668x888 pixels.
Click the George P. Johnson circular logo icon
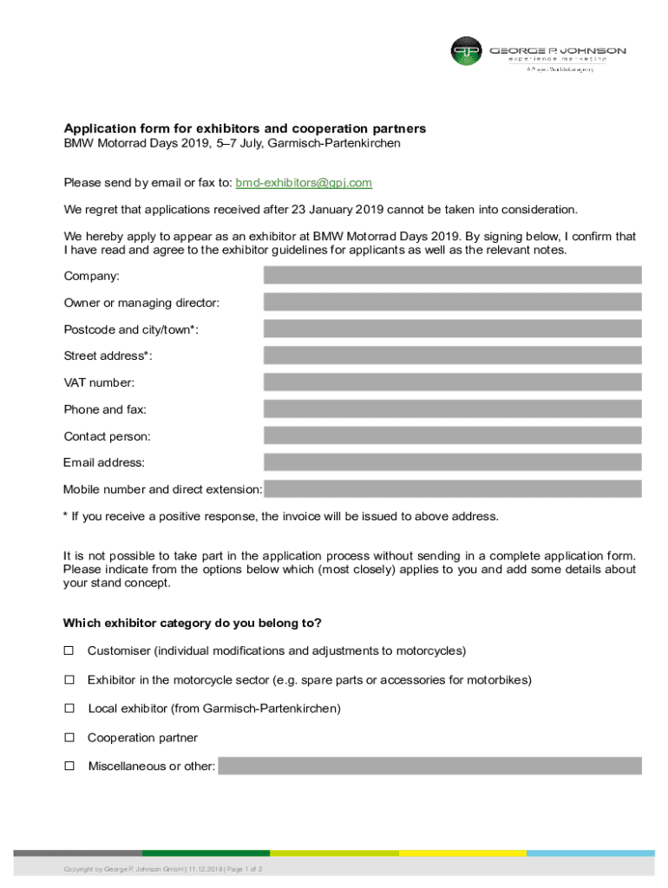[466, 51]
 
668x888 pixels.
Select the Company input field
[452, 276]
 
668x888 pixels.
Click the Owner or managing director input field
[452, 303]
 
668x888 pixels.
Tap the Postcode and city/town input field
[452, 329]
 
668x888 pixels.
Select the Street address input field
[452, 356]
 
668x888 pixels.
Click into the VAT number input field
[452, 382]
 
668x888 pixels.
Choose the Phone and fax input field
[452, 409]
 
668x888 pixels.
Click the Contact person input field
[452, 435]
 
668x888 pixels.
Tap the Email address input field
[452, 462]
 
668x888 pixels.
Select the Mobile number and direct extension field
[452, 489]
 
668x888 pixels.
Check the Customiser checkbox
[69, 650]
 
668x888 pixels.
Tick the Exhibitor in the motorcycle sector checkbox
[69, 679]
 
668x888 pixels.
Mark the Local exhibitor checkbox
[69, 708]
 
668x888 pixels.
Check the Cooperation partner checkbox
[69, 737]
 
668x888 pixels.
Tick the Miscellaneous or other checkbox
[69, 766]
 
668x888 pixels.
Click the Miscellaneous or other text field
[429, 766]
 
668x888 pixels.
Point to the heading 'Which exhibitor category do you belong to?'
[193, 623]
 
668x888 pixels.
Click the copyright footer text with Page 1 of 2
[163, 869]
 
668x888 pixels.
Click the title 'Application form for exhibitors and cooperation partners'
[245, 128]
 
